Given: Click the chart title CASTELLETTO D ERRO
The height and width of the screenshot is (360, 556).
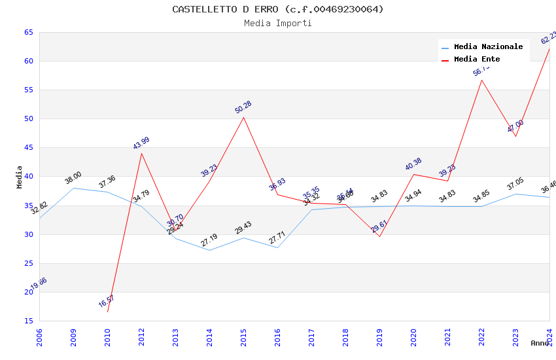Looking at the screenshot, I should (278, 9).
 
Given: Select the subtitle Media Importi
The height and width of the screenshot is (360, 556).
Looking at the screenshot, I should (278, 23).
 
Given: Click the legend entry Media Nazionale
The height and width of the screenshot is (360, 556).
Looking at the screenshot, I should (488, 46).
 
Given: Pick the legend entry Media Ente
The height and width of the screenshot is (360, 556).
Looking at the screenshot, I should (477, 59).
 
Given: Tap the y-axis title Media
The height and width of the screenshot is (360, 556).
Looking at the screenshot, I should (20, 177).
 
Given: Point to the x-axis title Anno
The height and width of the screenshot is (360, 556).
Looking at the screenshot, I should (540, 343).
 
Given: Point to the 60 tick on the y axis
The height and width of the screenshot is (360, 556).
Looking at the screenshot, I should (29, 62).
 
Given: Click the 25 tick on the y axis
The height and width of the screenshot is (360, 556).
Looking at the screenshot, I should (29, 263).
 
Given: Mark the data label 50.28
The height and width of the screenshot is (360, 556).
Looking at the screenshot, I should (243, 107).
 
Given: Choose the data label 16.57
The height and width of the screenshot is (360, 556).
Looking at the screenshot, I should (107, 301).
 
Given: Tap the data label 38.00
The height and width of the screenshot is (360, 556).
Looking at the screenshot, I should (73, 178).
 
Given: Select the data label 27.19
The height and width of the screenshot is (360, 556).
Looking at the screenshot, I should (209, 240).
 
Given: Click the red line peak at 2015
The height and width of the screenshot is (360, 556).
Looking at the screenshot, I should (243, 117).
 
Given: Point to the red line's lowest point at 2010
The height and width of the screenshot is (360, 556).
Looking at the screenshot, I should (107, 312).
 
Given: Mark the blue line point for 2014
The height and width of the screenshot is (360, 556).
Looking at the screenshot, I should (209, 250).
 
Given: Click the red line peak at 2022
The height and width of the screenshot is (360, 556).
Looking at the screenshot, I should (481, 80).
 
